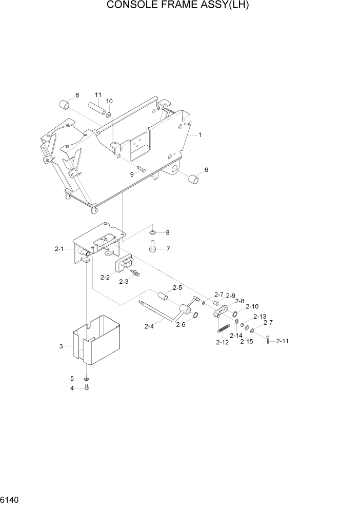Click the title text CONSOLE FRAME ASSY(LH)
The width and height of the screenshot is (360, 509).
pyautogui.click(x=180, y=6)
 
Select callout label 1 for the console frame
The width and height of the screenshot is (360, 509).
pyautogui.click(x=200, y=135)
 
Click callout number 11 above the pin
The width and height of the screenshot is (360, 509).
pyautogui.click(x=97, y=95)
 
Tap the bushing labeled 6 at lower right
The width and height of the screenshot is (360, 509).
pyautogui.click(x=194, y=180)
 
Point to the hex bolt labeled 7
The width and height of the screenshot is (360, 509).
pyautogui.click(x=152, y=248)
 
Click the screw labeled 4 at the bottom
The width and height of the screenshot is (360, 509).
pyautogui.click(x=86, y=388)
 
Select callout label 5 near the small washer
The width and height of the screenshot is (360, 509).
pyautogui.click(x=72, y=379)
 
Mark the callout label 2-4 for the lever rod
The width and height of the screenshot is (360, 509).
pyautogui.click(x=149, y=326)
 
